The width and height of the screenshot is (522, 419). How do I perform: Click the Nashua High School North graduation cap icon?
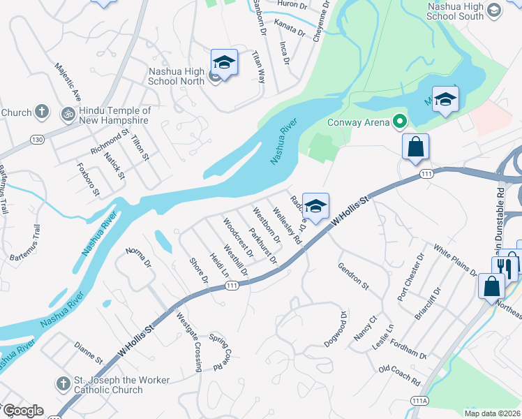224,63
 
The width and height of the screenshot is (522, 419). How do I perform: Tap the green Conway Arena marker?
400,122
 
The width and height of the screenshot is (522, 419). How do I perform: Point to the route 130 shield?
37,140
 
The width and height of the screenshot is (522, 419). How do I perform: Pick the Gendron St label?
352,276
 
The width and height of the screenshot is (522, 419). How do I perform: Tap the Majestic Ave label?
68,81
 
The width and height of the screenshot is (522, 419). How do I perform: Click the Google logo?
22,411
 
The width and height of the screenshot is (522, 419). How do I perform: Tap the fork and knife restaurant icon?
506,268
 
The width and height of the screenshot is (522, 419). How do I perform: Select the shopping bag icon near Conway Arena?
415,147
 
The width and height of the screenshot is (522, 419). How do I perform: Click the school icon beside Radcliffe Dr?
315,206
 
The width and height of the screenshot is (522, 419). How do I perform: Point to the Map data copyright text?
492,413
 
